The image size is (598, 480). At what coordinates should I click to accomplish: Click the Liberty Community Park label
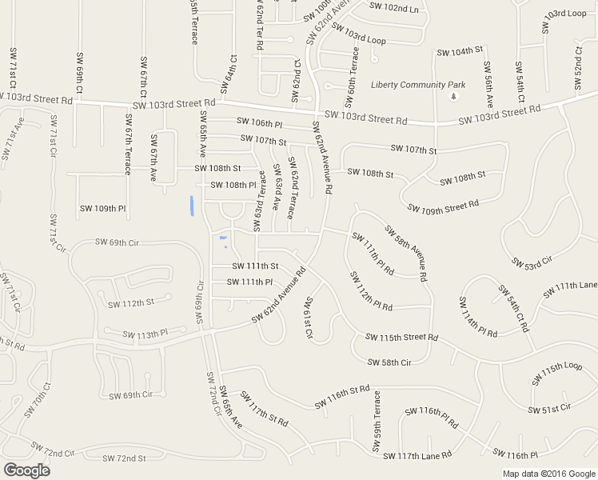(x=418, y=85)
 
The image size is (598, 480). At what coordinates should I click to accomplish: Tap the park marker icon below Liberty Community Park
(x=454, y=97)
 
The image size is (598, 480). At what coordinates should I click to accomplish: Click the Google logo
(x=26, y=470)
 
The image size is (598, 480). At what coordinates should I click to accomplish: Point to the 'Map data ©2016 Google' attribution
(x=548, y=474)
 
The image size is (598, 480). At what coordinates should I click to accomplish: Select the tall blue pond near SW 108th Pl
(x=192, y=206)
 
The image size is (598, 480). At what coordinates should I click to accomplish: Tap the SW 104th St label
(x=460, y=51)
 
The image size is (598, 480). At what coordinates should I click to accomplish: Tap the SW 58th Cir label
(x=389, y=362)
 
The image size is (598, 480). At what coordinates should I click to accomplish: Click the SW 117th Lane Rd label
(x=417, y=456)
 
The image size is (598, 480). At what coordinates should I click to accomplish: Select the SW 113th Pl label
(x=142, y=334)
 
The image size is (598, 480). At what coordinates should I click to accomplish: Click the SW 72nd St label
(x=125, y=458)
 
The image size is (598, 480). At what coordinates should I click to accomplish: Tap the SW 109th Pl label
(x=102, y=209)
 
